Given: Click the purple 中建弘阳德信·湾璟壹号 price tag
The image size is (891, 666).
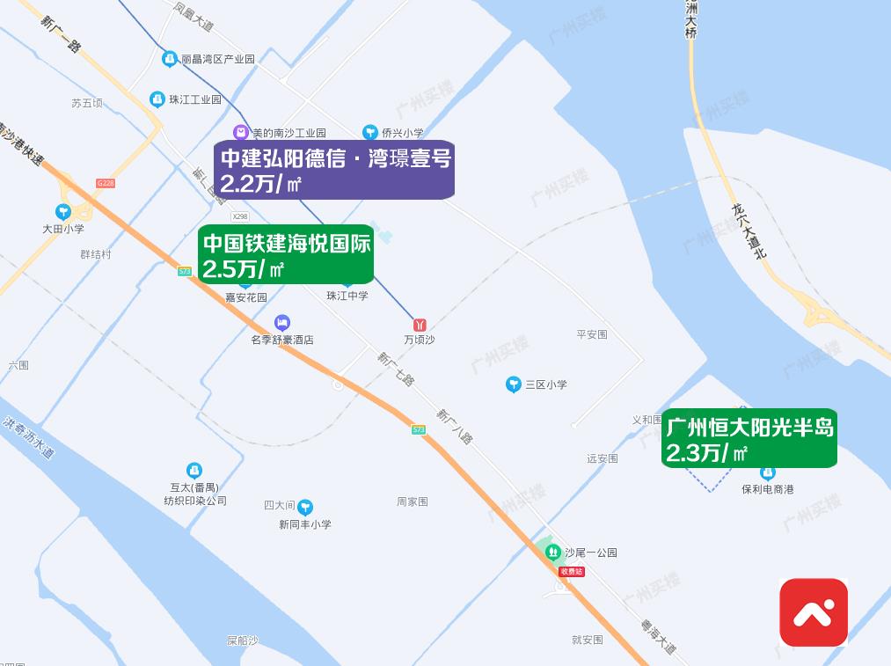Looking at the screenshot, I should (x=334, y=169).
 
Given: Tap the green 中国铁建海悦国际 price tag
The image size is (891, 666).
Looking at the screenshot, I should (x=286, y=254).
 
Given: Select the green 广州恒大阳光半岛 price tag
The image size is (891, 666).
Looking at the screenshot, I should (x=749, y=438).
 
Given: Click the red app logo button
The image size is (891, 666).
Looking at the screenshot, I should (x=814, y=612).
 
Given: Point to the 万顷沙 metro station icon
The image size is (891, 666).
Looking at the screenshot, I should (x=420, y=326).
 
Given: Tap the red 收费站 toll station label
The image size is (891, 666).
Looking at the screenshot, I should (x=572, y=572).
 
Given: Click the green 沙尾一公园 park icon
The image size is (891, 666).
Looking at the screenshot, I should (x=553, y=553).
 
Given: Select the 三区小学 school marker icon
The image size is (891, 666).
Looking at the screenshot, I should (x=514, y=384).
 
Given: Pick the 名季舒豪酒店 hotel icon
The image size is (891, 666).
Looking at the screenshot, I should (x=282, y=323).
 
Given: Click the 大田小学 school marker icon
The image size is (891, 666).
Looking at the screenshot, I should (x=63, y=212).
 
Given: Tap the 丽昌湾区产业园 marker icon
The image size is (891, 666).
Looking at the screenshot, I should (x=170, y=59).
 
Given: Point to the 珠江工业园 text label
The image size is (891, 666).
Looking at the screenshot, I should (x=195, y=99).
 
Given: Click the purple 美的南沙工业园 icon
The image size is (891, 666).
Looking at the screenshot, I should (x=240, y=133).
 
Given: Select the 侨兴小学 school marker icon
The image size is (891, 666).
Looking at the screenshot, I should (x=370, y=133).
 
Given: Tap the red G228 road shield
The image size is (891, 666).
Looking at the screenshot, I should (x=106, y=183).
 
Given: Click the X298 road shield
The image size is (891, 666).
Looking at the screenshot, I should (x=240, y=216).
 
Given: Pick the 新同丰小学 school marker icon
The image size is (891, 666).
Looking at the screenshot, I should (x=305, y=507).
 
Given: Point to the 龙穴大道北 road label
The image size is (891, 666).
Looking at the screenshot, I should (x=749, y=231).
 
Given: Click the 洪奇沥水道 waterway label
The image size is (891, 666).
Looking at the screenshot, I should (x=28, y=438).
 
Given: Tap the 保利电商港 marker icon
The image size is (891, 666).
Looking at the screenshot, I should (x=767, y=473).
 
